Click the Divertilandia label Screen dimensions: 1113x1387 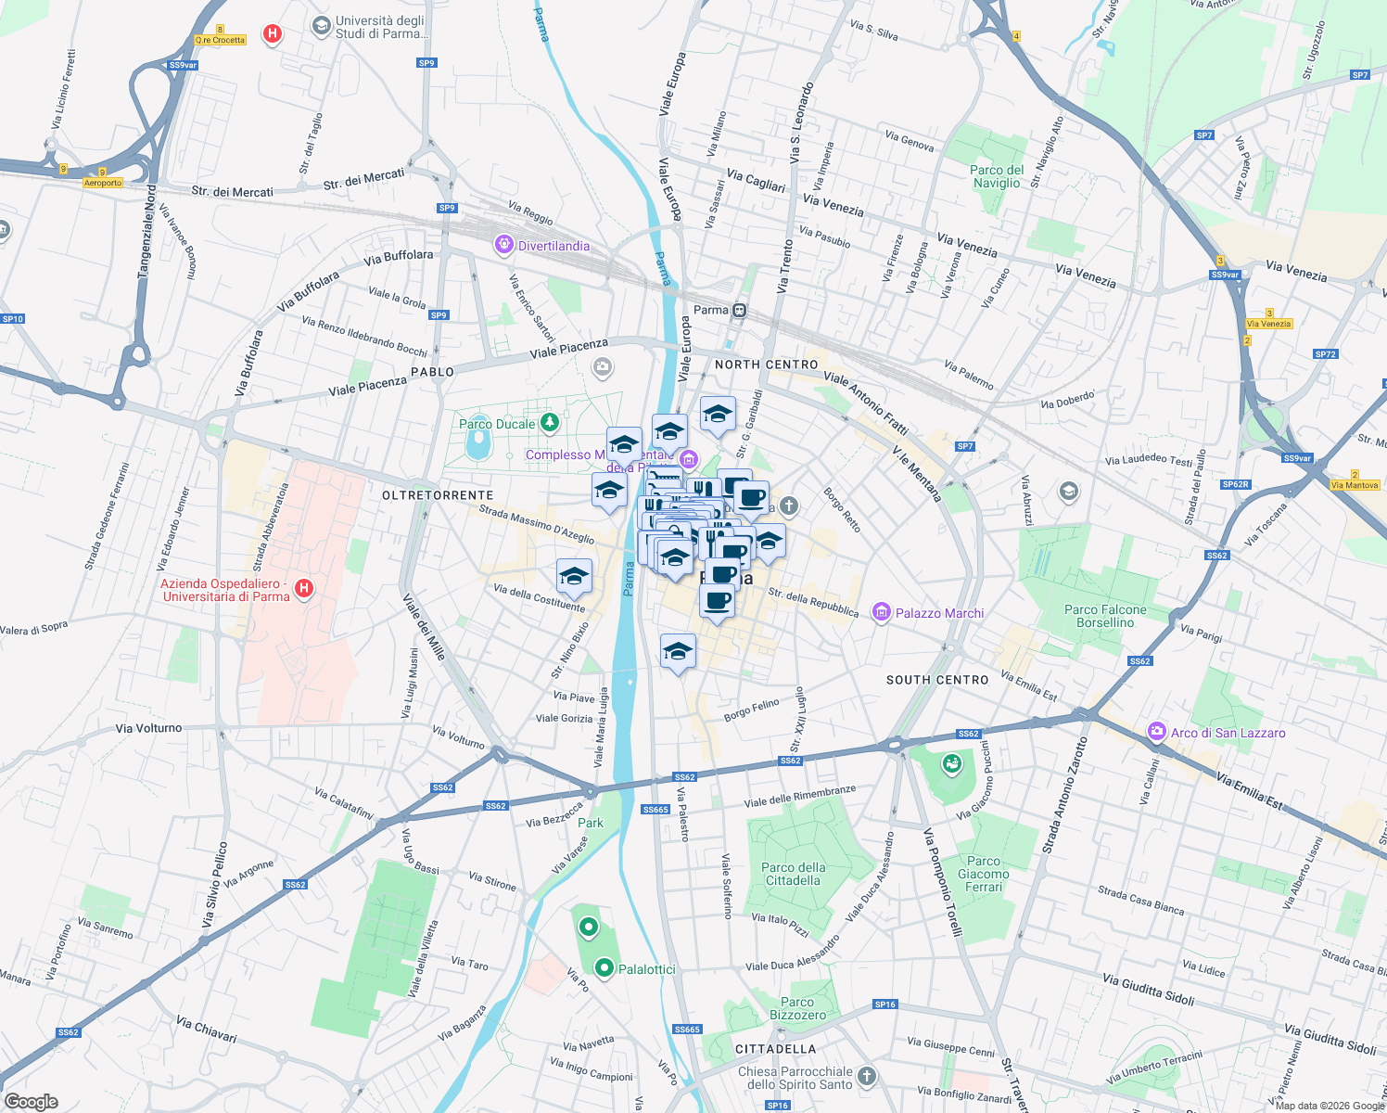[554, 246]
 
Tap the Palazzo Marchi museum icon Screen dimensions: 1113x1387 [881, 612]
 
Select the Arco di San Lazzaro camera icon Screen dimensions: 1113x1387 [1156, 732]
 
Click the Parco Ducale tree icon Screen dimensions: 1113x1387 [550, 423]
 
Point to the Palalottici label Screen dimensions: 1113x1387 [647, 969]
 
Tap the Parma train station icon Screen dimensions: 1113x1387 [739, 311]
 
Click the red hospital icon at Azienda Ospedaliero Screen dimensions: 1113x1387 [303, 589]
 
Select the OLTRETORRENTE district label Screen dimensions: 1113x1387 [438, 495]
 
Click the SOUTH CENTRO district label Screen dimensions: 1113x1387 [937, 680]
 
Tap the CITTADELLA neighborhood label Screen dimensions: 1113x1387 [775, 1049]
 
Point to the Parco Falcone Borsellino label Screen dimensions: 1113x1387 [1105, 616]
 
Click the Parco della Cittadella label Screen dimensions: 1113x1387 [793, 874]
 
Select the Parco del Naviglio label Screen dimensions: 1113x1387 [997, 176]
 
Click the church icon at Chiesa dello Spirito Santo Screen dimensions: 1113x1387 [867, 1077]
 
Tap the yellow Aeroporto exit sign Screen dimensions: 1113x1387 [103, 183]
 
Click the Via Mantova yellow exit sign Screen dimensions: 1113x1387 [1355, 485]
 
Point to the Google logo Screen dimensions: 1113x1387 [31, 1101]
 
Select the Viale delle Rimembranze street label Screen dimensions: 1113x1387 [800, 796]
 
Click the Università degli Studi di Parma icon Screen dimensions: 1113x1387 [322, 25]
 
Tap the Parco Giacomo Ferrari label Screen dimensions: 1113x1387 [984, 874]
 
